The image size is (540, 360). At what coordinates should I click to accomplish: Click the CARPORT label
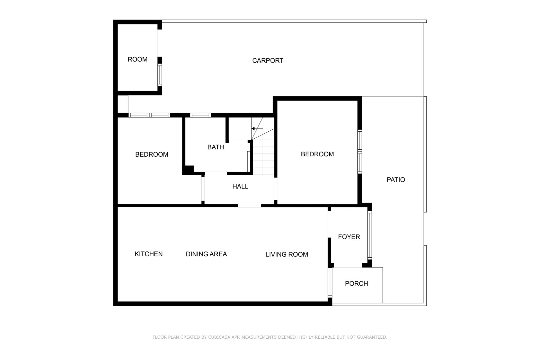[267, 60]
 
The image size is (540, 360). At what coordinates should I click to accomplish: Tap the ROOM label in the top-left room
[138, 59]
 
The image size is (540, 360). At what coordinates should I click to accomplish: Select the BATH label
[216, 147]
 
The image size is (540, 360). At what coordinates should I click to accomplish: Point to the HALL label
[240, 186]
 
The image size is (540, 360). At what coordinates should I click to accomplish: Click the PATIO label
[396, 180]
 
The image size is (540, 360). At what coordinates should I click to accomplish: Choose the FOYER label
[349, 237]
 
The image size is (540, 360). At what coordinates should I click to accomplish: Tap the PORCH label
[356, 283]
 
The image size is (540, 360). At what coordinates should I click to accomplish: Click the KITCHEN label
[148, 254]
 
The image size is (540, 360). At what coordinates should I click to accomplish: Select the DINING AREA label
[206, 254]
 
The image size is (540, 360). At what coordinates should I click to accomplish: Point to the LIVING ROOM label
[287, 254]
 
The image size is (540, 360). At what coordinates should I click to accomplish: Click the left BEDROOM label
[152, 154]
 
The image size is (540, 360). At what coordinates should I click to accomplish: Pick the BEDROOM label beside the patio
[317, 154]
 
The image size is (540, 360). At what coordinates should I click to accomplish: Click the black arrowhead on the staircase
[253, 129]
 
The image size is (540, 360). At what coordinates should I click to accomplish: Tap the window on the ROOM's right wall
[160, 75]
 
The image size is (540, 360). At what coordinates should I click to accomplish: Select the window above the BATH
[200, 115]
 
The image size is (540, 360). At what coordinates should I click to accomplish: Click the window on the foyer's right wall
[370, 235]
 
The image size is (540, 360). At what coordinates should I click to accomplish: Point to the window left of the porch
[330, 283]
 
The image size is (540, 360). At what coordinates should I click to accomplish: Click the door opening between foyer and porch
[348, 265]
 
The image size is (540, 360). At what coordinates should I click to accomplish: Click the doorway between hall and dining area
[249, 206]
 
